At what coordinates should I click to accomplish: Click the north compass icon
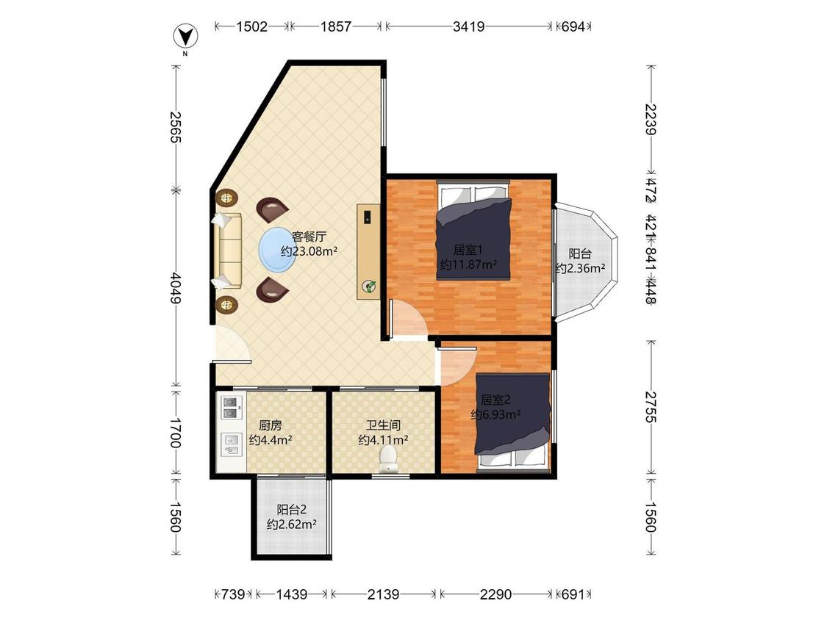pyautogui.click(x=185, y=37)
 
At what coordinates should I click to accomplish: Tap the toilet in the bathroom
pyautogui.click(x=389, y=458)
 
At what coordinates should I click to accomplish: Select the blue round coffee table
pyautogui.click(x=276, y=250)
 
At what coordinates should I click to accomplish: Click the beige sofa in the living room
pyautogui.click(x=227, y=251)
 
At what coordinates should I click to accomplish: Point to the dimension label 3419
pyautogui.click(x=468, y=26)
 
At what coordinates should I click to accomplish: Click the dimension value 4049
pyautogui.click(x=176, y=288)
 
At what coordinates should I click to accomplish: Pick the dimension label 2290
pyautogui.click(x=495, y=594)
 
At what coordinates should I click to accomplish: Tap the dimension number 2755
pyautogui.click(x=651, y=406)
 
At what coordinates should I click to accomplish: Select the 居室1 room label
pyautogui.click(x=468, y=249)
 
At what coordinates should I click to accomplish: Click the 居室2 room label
pyautogui.click(x=495, y=400)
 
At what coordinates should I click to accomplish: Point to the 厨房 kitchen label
pyautogui.click(x=270, y=425)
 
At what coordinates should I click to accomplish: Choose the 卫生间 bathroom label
pyautogui.click(x=384, y=425)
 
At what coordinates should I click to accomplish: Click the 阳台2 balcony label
pyautogui.click(x=292, y=510)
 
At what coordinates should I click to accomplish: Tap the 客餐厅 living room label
pyautogui.click(x=309, y=236)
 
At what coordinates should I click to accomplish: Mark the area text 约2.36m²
pyautogui.click(x=580, y=268)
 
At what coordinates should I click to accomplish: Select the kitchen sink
pyautogui.click(x=232, y=444)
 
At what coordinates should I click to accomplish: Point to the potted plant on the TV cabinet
pyautogui.click(x=369, y=286)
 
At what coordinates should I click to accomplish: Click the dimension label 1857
pyautogui.click(x=335, y=26)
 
